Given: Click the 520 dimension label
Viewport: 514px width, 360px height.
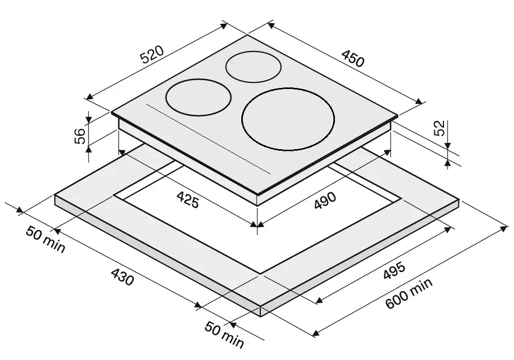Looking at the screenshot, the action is (x=152, y=55).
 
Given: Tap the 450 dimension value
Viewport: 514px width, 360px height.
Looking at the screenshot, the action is (x=353, y=58).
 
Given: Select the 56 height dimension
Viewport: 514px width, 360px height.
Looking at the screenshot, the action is (x=80, y=136).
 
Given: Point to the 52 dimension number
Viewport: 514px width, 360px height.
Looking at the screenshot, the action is (x=439, y=128).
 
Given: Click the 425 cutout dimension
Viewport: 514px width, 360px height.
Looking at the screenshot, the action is (x=188, y=200).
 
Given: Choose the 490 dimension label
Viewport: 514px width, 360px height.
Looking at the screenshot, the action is (x=325, y=201).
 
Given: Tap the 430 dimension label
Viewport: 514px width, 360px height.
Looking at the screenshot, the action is (x=122, y=277).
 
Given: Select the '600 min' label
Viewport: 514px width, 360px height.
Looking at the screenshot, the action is (x=409, y=293).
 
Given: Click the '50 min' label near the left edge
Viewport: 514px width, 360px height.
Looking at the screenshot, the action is (x=46, y=239).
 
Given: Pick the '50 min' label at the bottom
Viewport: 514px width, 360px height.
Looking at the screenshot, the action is (x=224, y=334).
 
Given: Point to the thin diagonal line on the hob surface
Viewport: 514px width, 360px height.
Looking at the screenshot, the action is (x=208, y=139).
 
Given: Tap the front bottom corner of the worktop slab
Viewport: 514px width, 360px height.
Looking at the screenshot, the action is (x=261, y=316).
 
